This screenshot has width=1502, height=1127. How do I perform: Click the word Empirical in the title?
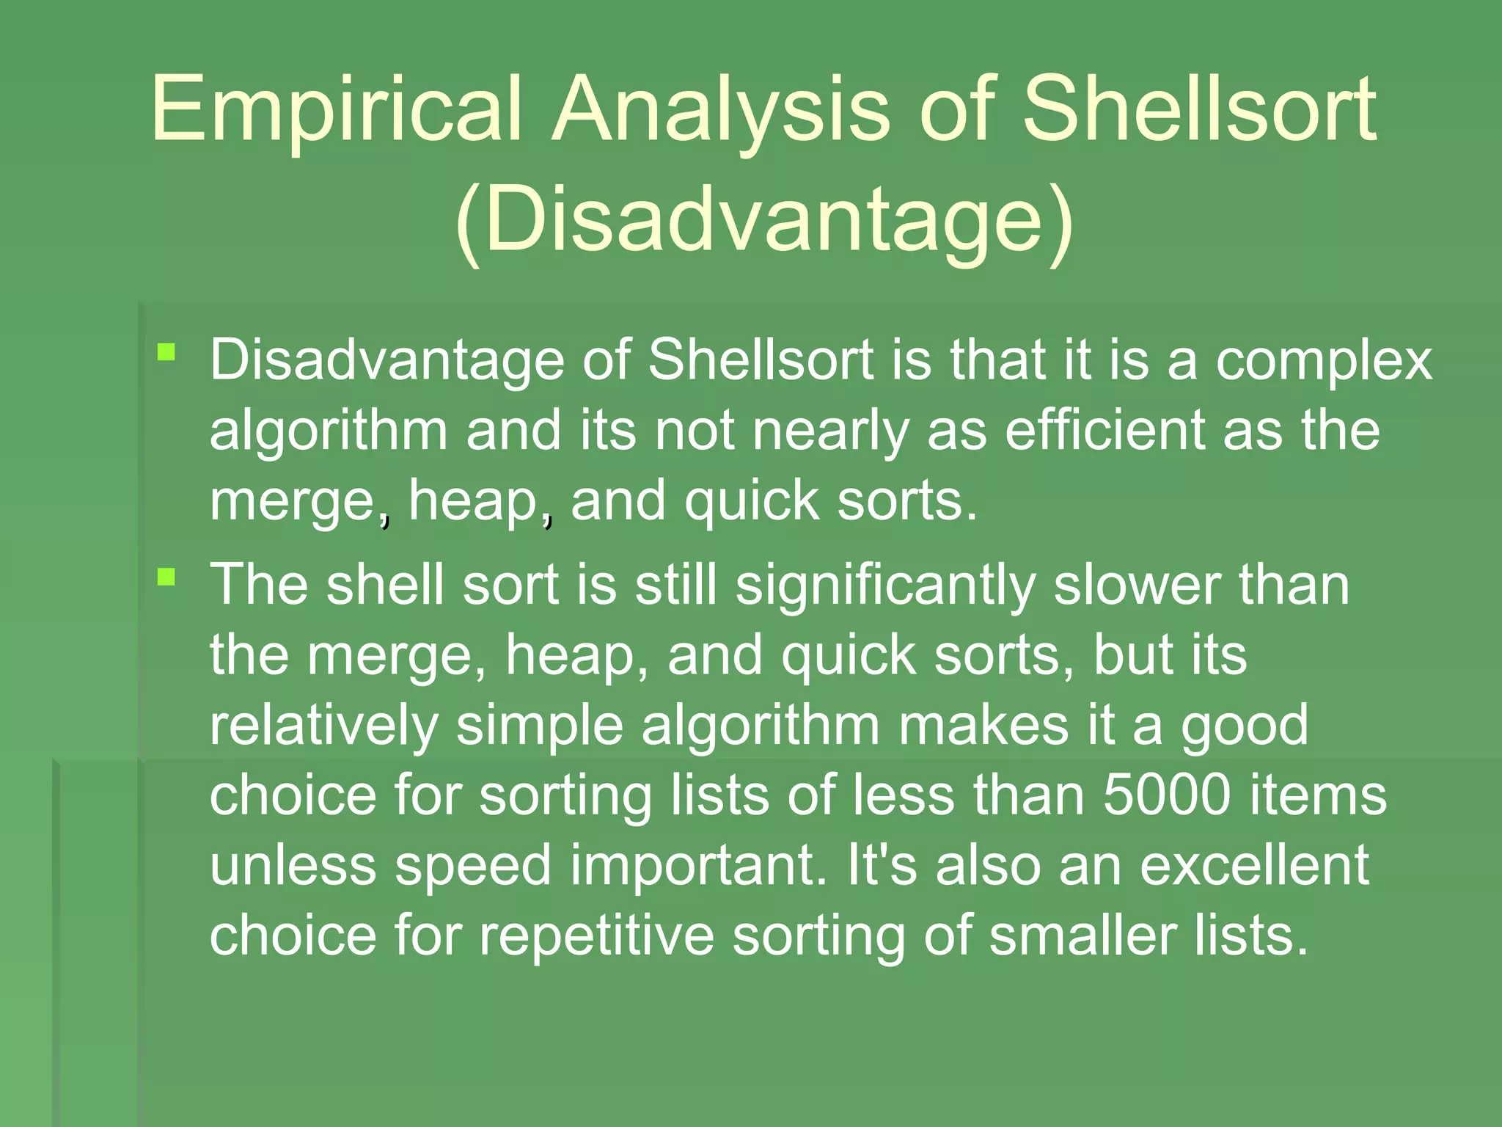click(337, 110)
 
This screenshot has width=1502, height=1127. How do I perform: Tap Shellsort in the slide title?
click(1198, 110)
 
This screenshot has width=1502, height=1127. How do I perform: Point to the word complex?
click(1324, 361)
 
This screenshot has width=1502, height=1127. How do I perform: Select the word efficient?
click(1104, 431)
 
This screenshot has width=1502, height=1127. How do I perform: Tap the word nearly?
click(831, 431)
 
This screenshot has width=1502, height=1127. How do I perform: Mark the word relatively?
click(324, 726)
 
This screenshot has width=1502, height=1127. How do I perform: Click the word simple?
click(539, 726)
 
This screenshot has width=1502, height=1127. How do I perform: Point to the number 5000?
click(1167, 795)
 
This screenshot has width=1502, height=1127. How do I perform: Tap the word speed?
click(473, 866)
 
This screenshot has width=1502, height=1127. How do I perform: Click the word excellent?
click(1254, 866)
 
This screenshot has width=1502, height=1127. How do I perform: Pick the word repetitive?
click(597, 936)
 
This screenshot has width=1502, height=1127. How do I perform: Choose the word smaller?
click(1082, 936)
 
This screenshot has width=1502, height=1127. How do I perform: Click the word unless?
click(293, 866)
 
